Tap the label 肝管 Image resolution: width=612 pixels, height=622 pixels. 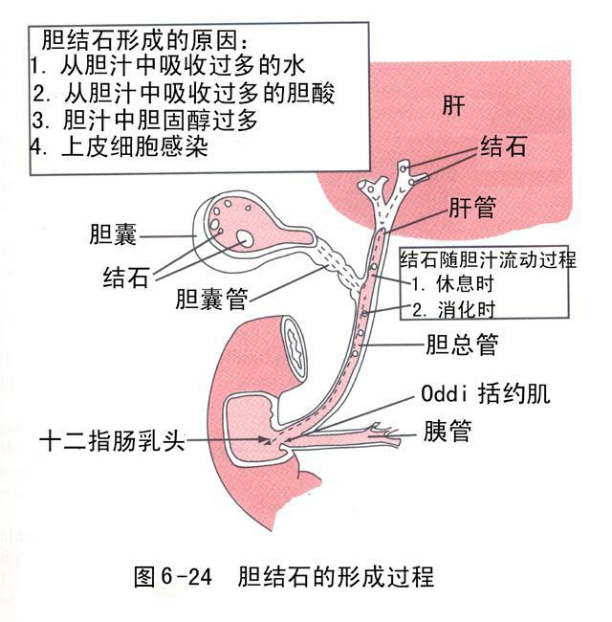pyautogui.click(x=472, y=207)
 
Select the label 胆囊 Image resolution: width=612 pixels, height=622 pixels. pyautogui.click(x=112, y=234)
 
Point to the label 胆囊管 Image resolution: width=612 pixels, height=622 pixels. pyautogui.click(x=211, y=300)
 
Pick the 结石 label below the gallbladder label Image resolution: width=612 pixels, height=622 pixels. pyautogui.click(x=125, y=278)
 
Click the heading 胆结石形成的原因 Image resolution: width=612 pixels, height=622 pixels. pyautogui.click(x=144, y=42)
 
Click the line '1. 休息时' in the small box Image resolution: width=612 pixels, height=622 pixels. pyautogui.click(x=453, y=284)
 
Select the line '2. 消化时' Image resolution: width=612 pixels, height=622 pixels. pyautogui.click(x=453, y=308)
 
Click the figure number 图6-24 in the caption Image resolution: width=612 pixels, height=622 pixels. pyautogui.click(x=176, y=577)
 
